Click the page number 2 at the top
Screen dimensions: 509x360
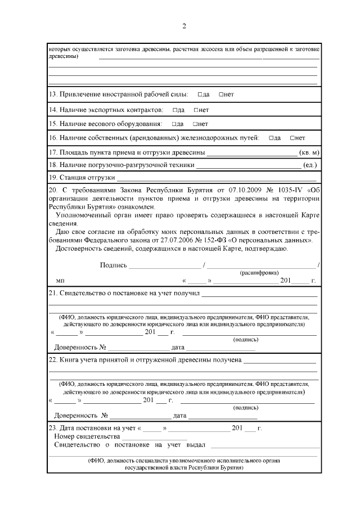[183, 26]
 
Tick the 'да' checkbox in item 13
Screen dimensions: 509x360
[200, 94]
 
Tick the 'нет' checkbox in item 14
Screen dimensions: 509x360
[195, 109]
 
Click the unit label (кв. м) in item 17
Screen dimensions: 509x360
[309, 152]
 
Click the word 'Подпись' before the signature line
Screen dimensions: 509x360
[113, 265]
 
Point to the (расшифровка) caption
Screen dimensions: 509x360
[259, 272]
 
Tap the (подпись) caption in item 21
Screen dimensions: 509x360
[245, 339]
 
